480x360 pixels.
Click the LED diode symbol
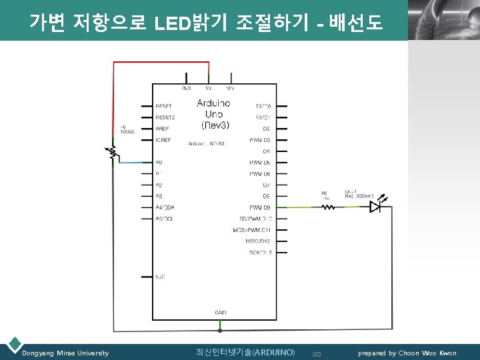point(375,207)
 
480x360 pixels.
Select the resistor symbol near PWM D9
point(328,207)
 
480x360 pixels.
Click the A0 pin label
point(159,162)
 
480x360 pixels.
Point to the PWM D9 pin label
point(259,207)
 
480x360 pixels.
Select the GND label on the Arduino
point(220,312)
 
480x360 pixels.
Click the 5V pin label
point(209,87)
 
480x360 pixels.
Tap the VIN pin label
point(230,87)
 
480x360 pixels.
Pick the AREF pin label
point(162,129)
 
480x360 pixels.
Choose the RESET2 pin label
point(165,117)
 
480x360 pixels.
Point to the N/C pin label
point(160,276)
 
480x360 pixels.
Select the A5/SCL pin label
point(165,219)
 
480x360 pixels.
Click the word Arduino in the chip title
point(214,103)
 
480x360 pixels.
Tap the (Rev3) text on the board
point(215,125)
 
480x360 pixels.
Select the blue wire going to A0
point(133,162)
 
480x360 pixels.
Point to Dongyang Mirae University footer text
point(65,353)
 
